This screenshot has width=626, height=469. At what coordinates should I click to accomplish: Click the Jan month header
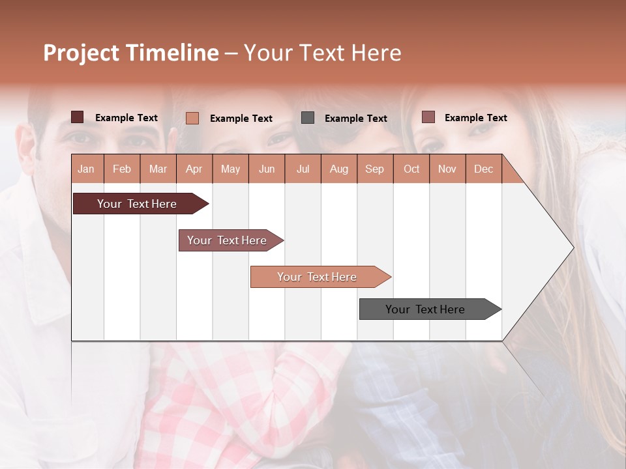coord(86,169)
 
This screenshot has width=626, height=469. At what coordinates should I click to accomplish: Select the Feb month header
coord(122,169)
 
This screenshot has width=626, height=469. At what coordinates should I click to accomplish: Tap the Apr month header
coord(194,169)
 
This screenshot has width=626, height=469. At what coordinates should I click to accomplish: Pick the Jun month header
coord(267,169)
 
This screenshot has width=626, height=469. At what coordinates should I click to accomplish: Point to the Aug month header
coord(339,169)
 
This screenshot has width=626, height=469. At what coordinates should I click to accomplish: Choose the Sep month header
coord(375,169)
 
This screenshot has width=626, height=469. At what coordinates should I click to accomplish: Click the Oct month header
coord(411,169)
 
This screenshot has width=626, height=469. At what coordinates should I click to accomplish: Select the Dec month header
coord(484,169)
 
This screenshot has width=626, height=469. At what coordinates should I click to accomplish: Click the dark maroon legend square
coord(78,117)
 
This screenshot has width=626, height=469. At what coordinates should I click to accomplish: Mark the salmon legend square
coord(192,118)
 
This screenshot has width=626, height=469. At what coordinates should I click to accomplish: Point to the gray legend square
coord(308,118)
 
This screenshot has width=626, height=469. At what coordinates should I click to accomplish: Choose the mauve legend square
coord(428,117)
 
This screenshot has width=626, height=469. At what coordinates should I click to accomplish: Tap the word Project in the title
coord(82,53)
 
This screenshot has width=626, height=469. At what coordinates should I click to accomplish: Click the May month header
coord(230,169)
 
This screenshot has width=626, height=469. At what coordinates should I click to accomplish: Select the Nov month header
coord(447,169)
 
